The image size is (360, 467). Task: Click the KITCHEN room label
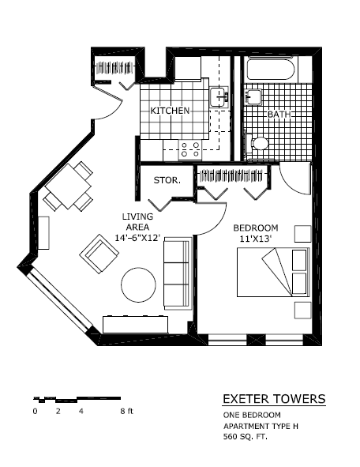(x=170, y=111)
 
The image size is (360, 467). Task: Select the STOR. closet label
(x=167, y=180)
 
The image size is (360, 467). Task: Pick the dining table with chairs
(x=69, y=186)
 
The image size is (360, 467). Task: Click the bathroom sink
(x=252, y=97)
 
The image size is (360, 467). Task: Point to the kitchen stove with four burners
(x=189, y=149)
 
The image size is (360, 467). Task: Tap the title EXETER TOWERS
(x=273, y=399)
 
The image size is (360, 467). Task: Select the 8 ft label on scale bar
(x=127, y=412)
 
